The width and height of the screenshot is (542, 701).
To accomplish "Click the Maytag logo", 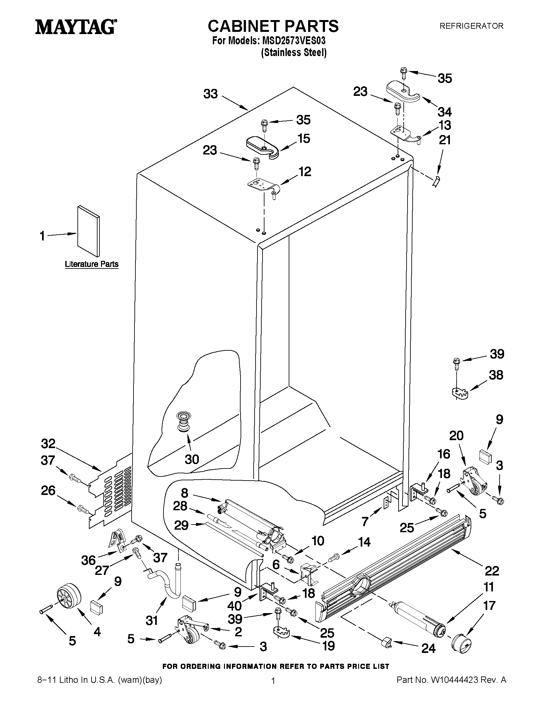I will pyautogui.click(x=76, y=27).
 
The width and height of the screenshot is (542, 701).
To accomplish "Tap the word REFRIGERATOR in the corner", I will pyautogui.click(x=471, y=26).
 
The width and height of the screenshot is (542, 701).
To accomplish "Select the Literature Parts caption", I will pyautogui.click(x=91, y=264).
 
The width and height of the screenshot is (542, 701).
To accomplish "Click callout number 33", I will pyautogui.click(x=211, y=94).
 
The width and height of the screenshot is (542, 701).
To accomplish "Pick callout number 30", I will pyautogui.click(x=192, y=459).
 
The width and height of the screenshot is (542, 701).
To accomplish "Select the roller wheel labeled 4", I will pyautogui.click(x=69, y=596).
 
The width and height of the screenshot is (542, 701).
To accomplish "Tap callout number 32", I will pyautogui.click(x=48, y=444).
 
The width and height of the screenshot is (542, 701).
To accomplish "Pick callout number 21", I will pyautogui.click(x=445, y=140).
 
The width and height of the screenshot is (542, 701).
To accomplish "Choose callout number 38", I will pyautogui.click(x=496, y=375).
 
